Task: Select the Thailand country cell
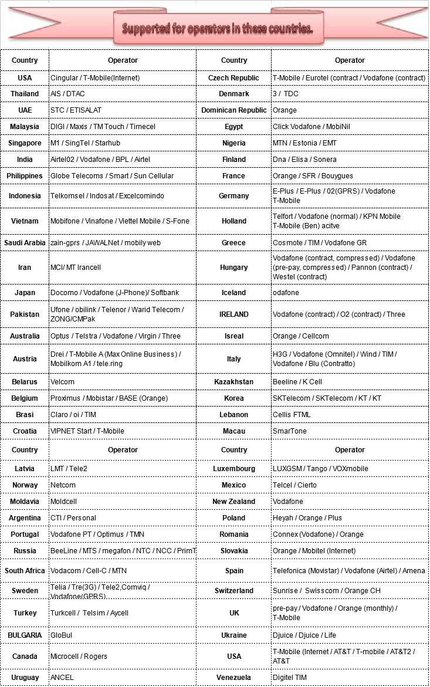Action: [x=25, y=94]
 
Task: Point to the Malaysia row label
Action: [x=25, y=127]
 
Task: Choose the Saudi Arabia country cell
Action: [x=25, y=243]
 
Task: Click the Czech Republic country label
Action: [x=233, y=78]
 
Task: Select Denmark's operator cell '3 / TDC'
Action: [x=286, y=94]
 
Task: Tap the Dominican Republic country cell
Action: [x=233, y=110]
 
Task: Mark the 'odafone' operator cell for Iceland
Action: [x=286, y=293]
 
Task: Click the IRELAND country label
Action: [x=233, y=314]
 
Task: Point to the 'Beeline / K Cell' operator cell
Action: [x=297, y=382]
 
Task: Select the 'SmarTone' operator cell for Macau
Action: [x=290, y=431]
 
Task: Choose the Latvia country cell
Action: [x=25, y=469]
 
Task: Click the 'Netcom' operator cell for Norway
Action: [x=63, y=485]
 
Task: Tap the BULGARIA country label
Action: [x=25, y=635]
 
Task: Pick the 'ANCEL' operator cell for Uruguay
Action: [x=62, y=678]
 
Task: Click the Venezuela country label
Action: [x=233, y=678]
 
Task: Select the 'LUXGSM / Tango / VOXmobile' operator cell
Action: [x=320, y=469]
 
